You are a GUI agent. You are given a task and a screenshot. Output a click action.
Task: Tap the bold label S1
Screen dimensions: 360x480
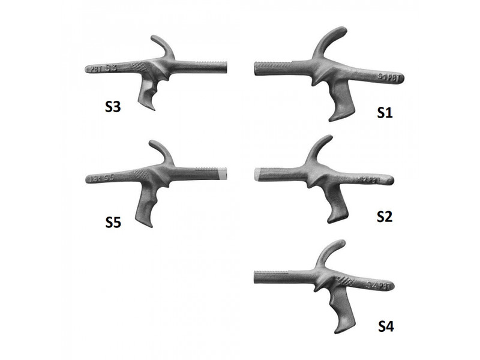click(385, 112)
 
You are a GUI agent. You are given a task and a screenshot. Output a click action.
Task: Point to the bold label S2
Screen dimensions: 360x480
click(385, 217)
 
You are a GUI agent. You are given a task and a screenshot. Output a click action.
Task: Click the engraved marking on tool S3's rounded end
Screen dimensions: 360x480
click(102, 68)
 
